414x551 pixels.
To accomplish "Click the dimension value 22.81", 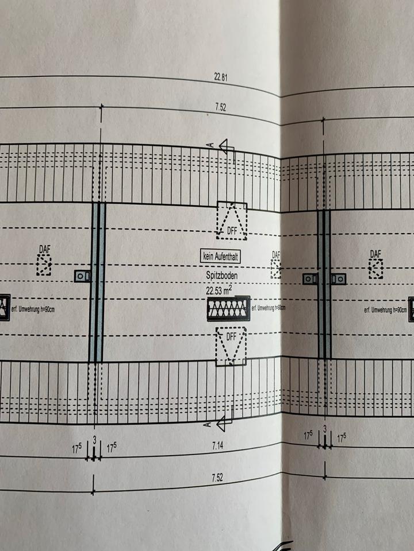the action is point(220,75).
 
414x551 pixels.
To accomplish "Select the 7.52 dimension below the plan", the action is point(217,478).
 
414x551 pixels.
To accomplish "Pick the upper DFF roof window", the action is point(231,220).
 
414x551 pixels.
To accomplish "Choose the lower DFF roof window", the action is point(231,346).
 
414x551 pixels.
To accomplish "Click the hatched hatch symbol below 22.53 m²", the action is point(229,308).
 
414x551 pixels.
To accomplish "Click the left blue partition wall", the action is point(97,282).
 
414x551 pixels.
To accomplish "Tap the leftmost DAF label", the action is point(44,249).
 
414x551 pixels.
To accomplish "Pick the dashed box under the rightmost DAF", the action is point(375,268).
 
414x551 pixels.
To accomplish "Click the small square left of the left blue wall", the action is point(83,276).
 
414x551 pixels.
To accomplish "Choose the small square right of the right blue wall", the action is point(339,279).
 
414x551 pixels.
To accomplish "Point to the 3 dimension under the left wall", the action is point(94,439).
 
